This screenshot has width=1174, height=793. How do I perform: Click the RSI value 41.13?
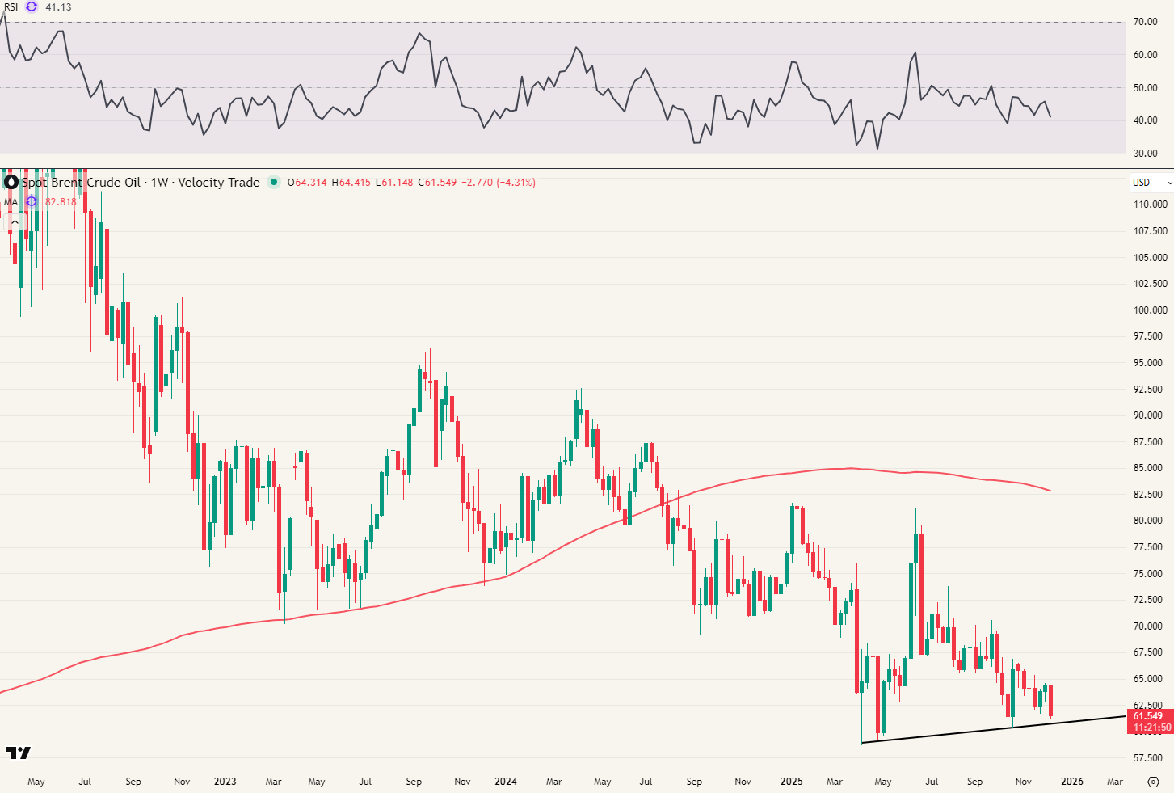pos(58,7)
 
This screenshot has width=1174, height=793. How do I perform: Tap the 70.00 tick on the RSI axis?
pos(1145,22)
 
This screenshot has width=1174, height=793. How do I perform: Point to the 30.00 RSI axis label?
pos(1145,154)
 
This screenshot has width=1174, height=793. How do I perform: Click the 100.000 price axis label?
pos(1151,310)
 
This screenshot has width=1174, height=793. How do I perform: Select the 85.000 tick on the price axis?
pos(1151,468)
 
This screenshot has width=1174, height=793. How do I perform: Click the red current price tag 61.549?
pos(1148,716)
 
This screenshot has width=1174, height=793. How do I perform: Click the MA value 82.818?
pos(61,202)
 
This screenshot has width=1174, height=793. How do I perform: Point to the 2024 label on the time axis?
pos(506,782)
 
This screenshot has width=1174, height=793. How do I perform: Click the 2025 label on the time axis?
pos(792,782)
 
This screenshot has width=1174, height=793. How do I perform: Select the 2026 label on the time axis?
pos(1072,782)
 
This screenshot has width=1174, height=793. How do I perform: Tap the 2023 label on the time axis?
pos(225,782)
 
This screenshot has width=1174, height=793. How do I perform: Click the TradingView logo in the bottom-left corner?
pos(18,753)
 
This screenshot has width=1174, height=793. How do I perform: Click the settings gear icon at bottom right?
pos(1154,782)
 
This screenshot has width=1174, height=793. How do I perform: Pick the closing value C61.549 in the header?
pos(440,183)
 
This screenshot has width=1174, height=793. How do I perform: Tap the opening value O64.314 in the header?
pos(307,183)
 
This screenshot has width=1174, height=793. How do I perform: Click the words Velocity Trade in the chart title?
pos(219,183)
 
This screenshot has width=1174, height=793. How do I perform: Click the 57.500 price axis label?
pos(1151,758)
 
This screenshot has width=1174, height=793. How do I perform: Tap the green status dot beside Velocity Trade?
pos(274,183)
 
